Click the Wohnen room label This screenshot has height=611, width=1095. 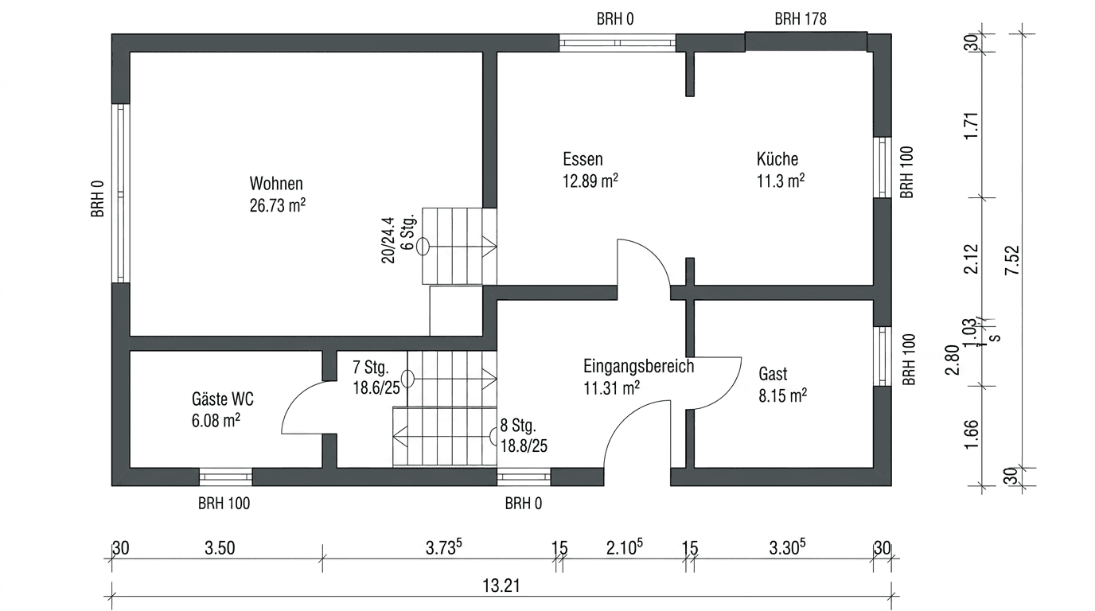[x=276, y=183]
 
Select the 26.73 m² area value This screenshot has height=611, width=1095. [x=277, y=206]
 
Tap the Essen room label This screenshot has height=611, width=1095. [x=582, y=158]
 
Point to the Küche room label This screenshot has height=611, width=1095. [x=777, y=158]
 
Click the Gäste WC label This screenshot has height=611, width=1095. [x=223, y=399]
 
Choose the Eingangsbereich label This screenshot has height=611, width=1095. [x=638, y=367]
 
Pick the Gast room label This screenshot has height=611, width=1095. [x=773, y=374]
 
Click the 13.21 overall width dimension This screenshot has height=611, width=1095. [x=501, y=586]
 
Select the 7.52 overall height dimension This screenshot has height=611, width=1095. [x=1011, y=260]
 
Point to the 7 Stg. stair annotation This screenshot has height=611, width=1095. [x=370, y=368]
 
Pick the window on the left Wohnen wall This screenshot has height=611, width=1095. [x=121, y=193]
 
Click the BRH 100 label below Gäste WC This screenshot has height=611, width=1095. [x=224, y=503]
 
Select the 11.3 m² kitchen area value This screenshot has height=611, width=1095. [x=780, y=181]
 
